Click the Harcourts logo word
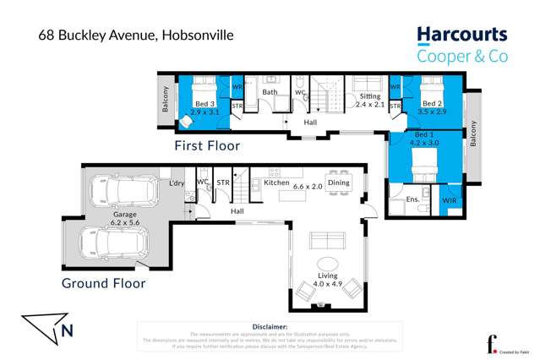coord(461,35)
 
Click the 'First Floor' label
coord(207,145)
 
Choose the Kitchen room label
coord(277,183)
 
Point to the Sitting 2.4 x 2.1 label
coord(368,101)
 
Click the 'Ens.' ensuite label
coord(412,200)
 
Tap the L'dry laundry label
coord(177,183)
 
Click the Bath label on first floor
coord(270,92)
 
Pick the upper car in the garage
coord(127,193)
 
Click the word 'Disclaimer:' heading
coord(270,325)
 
